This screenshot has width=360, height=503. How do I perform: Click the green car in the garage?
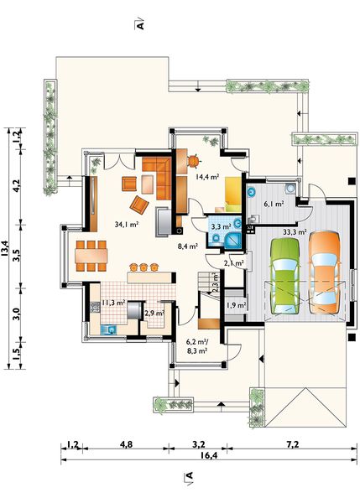point(284,276)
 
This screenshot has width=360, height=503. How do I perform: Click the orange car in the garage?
point(325,272)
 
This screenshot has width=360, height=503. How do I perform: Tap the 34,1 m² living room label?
point(126,225)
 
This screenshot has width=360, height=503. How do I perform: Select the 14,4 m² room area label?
point(207,176)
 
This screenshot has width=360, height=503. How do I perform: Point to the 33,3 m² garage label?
point(295,231)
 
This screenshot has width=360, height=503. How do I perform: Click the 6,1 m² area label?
point(274,204)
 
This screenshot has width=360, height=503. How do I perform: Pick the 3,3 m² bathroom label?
point(222,226)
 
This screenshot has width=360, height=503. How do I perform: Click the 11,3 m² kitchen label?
point(113,302)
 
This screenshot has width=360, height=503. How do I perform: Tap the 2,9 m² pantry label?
point(154,313)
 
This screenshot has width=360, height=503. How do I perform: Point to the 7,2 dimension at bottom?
point(293,444)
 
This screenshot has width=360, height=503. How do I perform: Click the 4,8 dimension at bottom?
point(126,444)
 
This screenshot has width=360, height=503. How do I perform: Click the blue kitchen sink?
point(109,329)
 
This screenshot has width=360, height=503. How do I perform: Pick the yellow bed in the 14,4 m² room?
point(232,194)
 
